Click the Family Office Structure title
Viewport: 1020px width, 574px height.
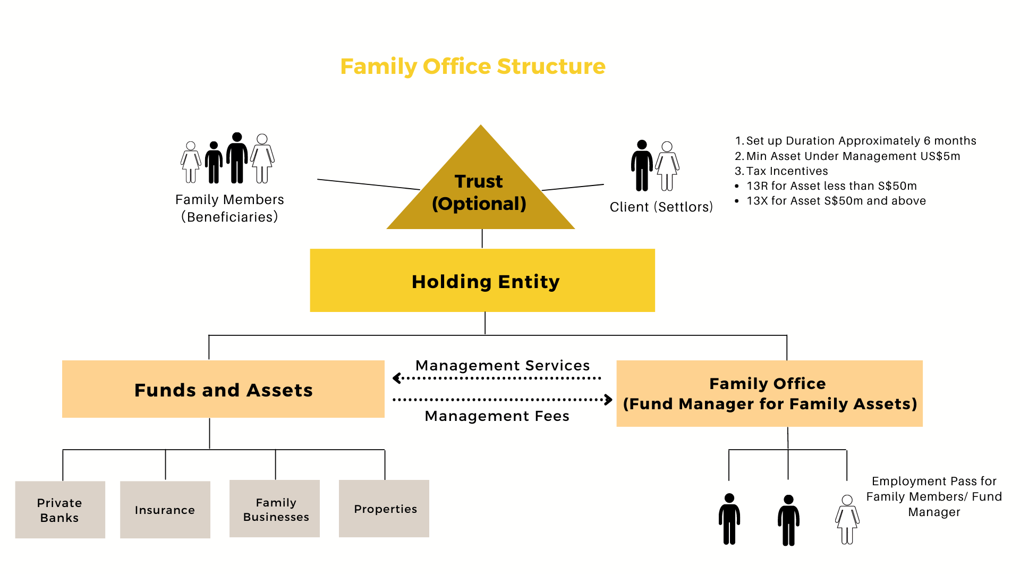tap(472, 66)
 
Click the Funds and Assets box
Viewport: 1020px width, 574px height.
tap(223, 390)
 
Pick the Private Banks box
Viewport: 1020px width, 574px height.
tap(60, 510)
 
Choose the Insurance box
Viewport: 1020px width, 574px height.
tap(165, 510)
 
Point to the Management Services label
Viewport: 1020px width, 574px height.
tap(502, 366)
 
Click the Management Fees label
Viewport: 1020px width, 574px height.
tap(497, 416)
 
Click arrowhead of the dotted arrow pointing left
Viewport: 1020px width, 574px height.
tap(396, 378)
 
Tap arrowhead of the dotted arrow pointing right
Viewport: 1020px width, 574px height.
tap(609, 400)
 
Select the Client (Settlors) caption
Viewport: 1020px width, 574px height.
tap(661, 207)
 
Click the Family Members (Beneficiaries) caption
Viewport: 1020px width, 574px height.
tap(229, 208)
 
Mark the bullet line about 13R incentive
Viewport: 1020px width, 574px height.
tap(831, 186)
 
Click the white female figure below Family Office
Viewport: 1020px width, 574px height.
tap(847, 519)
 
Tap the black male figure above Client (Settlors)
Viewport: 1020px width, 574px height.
tap(642, 165)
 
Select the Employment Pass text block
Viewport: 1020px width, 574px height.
tap(934, 496)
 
